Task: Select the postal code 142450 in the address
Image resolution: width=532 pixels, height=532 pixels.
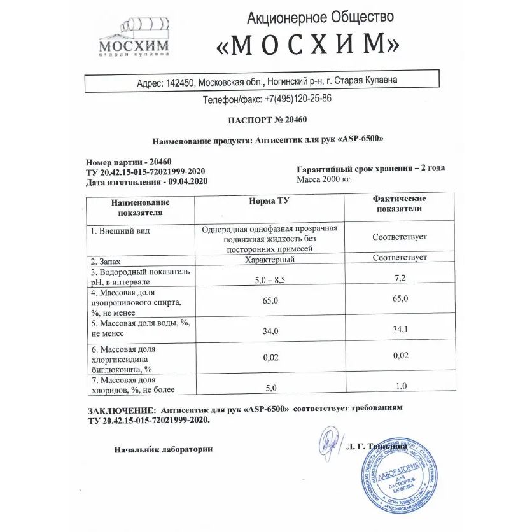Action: pos(181,82)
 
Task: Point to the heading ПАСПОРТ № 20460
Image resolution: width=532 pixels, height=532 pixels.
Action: pos(267,120)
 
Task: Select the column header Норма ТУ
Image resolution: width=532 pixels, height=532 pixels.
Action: pos(269,201)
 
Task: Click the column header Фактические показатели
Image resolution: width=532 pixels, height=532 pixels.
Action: pos(399,204)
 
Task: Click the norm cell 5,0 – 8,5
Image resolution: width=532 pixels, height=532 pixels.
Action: pos(270,279)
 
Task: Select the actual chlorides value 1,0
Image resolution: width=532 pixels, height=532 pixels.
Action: pos(401,387)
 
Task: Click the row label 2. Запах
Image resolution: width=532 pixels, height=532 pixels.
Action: pos(106,261)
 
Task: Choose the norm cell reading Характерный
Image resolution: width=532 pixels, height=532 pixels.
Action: pos(270,260)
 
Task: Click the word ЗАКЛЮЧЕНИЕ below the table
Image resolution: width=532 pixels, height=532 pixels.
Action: pos(120,409)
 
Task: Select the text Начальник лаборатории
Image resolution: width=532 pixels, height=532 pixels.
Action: pos(164,449)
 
